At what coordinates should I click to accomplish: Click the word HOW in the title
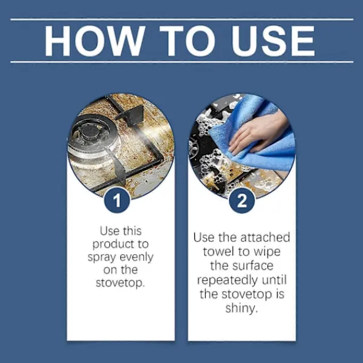click(x=95, y=41)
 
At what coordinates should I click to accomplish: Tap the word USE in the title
click(x=273, y=41)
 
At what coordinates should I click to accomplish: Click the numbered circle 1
click(x=117, y=200)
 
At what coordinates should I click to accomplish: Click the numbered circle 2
click(x=242, y=200)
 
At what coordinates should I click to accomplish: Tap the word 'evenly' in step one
click(x=137, y=258)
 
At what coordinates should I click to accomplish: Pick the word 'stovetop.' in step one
click(x=120, y=283)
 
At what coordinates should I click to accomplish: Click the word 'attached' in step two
click(x=266, y=238)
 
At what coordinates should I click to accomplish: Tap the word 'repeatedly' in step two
click(x=224, y=281)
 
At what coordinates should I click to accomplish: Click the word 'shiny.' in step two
click(x=241, y=309)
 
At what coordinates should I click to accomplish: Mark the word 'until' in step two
click(x=274, y=280)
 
